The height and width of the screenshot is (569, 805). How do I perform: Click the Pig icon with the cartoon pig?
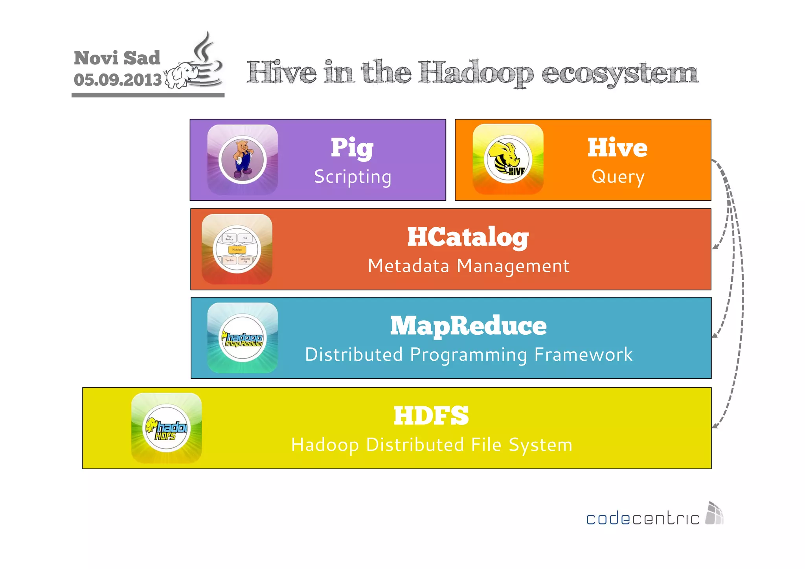[x=243, y=160]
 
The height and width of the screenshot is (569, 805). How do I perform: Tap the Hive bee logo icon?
[x=508, y=160]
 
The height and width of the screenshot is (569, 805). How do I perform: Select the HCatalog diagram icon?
[x=237, y=249]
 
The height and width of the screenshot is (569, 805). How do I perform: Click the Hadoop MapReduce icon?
[x=243, y=338]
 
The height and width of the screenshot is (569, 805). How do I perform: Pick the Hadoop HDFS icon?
[x=167, y=428]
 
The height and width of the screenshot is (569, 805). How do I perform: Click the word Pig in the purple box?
[x=352, y=148]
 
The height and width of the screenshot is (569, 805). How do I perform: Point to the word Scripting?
[x=353, y=177]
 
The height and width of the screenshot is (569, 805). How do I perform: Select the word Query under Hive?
[x=618, y=177]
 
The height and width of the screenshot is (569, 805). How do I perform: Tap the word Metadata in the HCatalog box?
[x=408, y=266]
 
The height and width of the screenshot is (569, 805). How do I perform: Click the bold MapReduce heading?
[x=468, y=326]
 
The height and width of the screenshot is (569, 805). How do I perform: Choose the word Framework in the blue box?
[x=583, y=354]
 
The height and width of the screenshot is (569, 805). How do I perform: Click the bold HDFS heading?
[x=431, y=416]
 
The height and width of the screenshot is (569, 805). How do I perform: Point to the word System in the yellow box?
[x=540, y=445]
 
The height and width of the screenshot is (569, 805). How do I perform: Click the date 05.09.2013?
[x=118, y=80]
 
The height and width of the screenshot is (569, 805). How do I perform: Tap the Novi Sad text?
[x=117, y=58]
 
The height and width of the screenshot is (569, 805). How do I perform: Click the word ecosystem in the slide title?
[x=620, y=73]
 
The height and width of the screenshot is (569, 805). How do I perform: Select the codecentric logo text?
[x=642, y=519]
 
